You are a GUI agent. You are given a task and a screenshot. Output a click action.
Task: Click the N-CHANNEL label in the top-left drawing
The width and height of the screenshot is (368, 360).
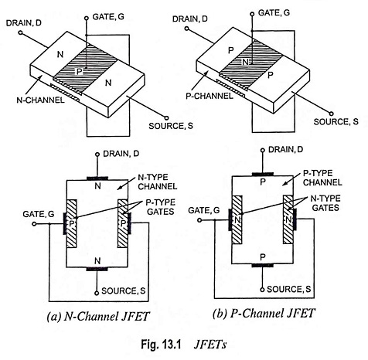40,100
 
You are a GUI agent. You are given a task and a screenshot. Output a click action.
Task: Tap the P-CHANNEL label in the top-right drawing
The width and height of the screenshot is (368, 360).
210,96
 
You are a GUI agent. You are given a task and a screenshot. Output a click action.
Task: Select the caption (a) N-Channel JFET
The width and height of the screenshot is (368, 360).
98,317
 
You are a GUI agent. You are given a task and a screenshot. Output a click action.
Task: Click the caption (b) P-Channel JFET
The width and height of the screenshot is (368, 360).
264,314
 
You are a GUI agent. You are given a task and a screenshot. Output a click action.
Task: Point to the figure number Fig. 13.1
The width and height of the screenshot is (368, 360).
161,345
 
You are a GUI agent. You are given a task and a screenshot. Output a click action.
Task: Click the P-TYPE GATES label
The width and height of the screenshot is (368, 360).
161,207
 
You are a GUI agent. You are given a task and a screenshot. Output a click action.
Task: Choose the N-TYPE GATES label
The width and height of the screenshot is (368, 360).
325,203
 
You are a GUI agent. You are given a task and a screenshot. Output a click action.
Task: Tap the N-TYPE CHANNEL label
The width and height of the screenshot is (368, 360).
158,182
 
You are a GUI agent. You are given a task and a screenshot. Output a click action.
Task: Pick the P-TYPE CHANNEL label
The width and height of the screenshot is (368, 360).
322,178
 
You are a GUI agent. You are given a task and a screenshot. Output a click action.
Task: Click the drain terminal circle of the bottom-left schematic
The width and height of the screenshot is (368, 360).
97,155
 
